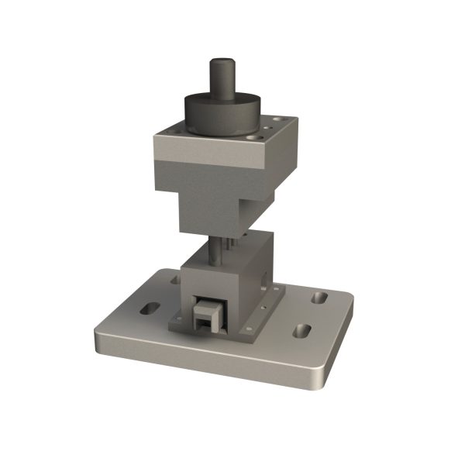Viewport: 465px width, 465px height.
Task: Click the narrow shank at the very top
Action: pos(222,74)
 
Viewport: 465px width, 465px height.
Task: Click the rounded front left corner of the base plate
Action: pos(97,341)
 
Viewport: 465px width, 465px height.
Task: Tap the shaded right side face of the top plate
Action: pos(279,163)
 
